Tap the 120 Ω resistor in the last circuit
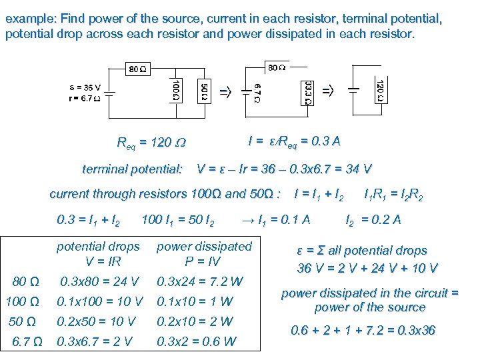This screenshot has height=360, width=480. pyautogui.click(x=379, y=91)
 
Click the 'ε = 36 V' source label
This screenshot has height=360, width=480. pyautogui.click(x=85, y=87)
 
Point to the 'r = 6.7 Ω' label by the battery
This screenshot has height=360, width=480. pyautogui.click(x=85, y=99)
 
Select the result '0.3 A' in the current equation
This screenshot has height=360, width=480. pyautogui.click(x=327, y=141)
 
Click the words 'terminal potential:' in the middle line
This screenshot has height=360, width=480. pyautogui.click(x=132, y=169)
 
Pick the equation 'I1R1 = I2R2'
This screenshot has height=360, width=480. pyautogui.click(x=393, y=194)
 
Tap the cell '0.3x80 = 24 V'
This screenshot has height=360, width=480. pyautogui.click(x=99, y=281)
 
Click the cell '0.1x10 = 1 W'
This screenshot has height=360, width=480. pyautogui.click(x=195, y=301)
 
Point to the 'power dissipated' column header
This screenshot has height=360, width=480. pyautogui.click(x=204, y=247)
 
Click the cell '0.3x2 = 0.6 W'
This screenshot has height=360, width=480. pyautogui.click(x=196, y=342)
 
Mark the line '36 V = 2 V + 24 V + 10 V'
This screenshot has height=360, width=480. pyautogui.click(x=367, y=268)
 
